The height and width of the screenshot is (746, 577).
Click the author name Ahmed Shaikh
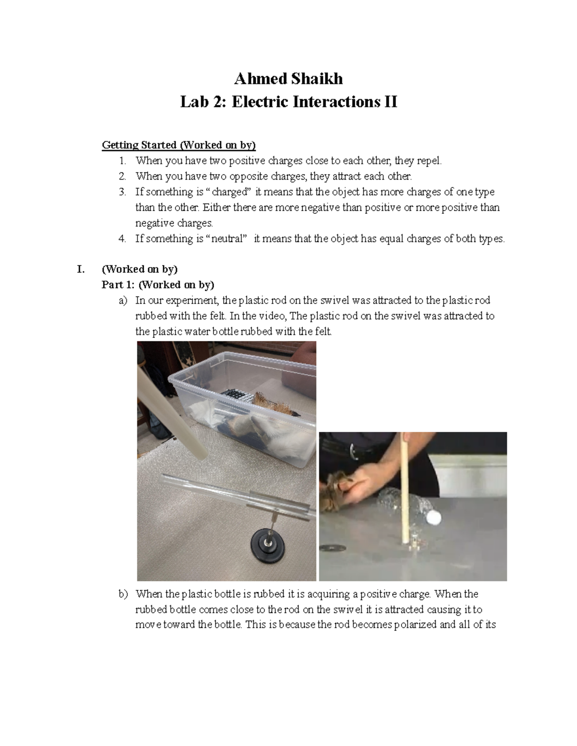(x=288, y=78)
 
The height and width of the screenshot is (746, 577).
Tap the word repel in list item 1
(x=427, y=160)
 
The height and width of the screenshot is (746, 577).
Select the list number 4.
(x=123, y=239)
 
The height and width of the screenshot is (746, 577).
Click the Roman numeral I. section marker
(x=81, y=269)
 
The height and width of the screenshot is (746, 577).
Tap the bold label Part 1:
(x=118, y=285)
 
